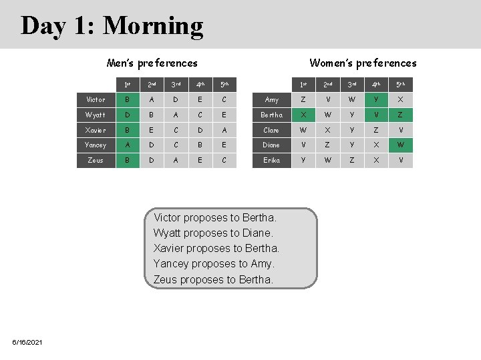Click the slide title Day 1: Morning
112,25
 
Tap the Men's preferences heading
152,63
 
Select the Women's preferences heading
363,63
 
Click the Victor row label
96,100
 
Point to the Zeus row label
96,160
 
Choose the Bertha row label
271,115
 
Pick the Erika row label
271,160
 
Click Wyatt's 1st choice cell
127,115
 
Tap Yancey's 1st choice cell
127,145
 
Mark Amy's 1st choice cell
304,100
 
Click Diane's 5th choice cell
401,145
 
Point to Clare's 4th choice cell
377,130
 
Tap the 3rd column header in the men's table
176,85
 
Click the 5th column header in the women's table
401,85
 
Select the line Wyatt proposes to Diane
213,233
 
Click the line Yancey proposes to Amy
214,264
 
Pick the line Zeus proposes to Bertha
213,279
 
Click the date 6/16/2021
27,342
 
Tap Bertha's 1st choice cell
304,115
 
